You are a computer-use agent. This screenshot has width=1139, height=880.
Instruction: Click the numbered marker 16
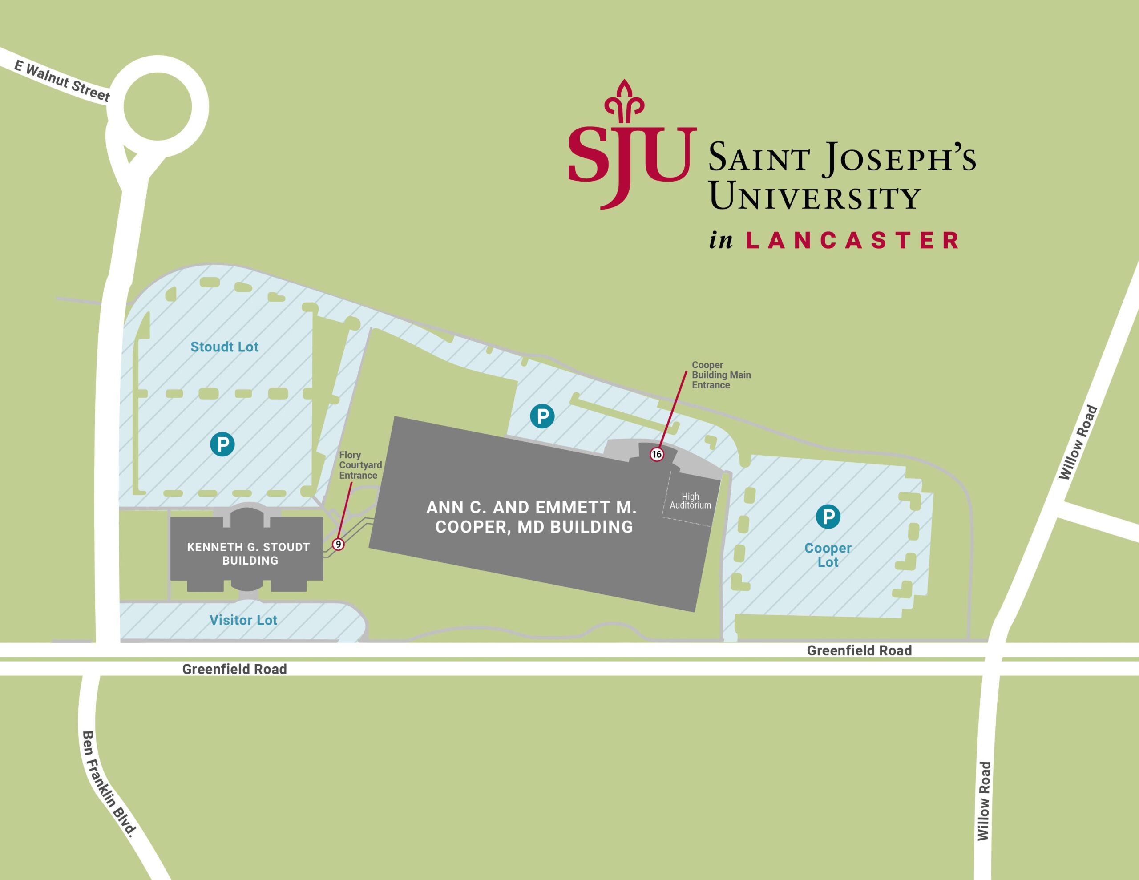657,454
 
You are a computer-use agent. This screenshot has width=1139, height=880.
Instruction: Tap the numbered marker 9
338,545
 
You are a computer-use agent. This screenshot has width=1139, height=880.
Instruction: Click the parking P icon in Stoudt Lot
222,444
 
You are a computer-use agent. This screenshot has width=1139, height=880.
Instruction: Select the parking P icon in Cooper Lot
828,517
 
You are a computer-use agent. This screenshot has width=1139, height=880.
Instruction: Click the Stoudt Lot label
224,347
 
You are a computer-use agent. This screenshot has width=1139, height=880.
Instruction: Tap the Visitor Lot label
243,620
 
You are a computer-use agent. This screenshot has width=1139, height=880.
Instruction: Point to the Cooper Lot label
828,555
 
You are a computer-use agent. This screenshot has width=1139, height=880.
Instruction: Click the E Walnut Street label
62,81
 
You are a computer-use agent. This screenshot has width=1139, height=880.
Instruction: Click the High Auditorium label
690,501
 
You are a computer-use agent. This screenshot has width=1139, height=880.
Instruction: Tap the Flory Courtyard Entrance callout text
360,465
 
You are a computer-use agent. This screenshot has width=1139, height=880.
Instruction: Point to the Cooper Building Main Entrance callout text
721,375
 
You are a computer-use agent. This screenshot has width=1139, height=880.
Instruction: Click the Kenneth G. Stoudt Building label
249,554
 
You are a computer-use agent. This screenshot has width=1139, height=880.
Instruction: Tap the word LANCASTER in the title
852,241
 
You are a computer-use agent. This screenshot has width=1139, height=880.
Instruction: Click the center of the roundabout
158,106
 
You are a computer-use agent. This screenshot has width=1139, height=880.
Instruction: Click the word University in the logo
815,197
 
